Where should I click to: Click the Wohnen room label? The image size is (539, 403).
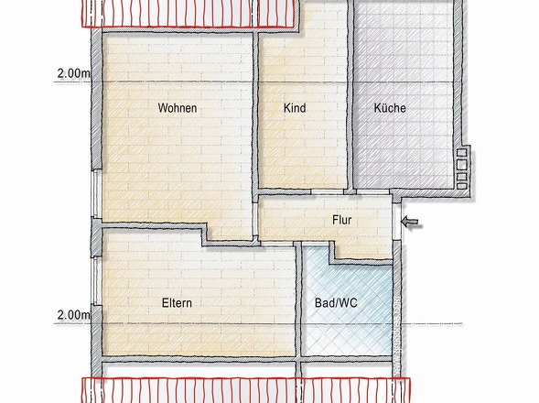coord(178,108)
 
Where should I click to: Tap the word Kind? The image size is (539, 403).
coord(295,108)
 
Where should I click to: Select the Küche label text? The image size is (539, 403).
coord(390,108)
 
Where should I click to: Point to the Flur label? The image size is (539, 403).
coord(341,220)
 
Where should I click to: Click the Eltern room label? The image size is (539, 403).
coord(177,303)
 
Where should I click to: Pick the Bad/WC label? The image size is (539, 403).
coord(336,303)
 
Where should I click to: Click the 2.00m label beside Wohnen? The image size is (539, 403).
coord(73,73)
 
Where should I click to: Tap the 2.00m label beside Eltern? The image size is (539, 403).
coord(73,315)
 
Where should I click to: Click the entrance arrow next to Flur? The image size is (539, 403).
coord(412,222)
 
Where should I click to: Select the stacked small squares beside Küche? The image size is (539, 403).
coord(461,169)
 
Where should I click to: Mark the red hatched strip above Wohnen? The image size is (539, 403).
coord(188,14)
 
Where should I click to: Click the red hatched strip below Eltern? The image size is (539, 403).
coord(246,390)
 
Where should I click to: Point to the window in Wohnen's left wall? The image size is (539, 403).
coord(97,193)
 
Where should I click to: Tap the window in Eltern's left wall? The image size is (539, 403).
coord(96,281)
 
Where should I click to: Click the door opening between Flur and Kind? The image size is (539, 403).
coord(328,191)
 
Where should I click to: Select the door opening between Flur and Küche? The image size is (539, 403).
coord(372,191)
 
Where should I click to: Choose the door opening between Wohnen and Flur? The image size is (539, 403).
coord(255,219)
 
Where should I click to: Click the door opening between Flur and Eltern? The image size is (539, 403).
coord(277,244)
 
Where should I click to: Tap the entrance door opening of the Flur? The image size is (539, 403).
coord(396,222)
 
